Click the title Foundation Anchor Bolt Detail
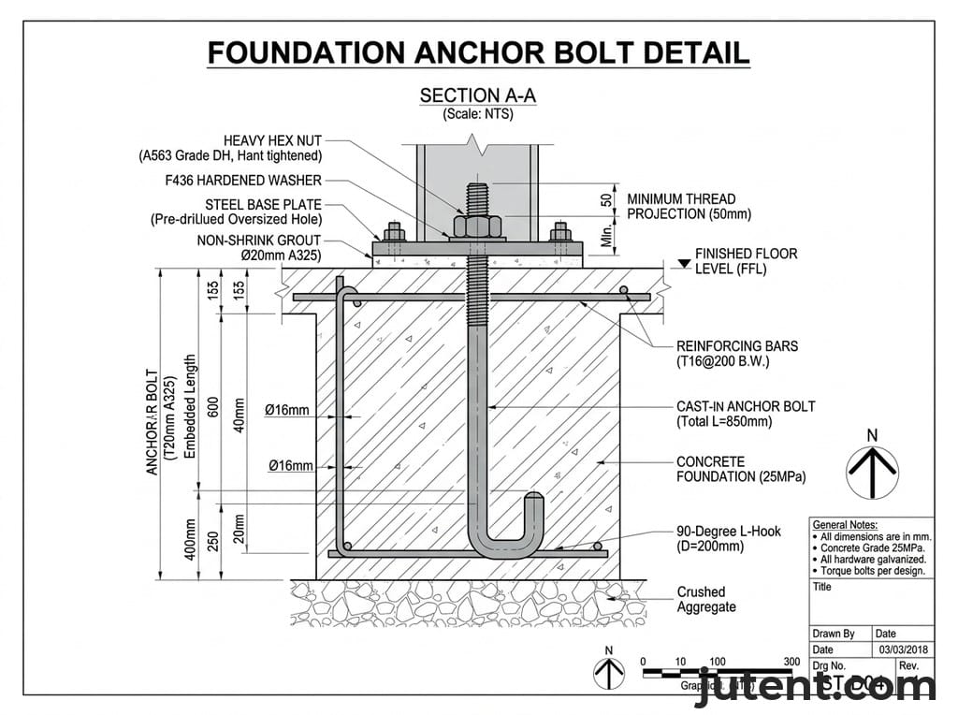click(478, 52)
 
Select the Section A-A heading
click(477, 95)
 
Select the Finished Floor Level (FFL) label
click(746, 261)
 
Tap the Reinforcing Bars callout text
click(737, 353)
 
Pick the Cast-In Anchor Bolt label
click(745, 414)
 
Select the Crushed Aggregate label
click(705, 599)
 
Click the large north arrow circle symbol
click(872, 472)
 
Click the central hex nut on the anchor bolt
click(476, 226)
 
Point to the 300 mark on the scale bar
click(791, 662)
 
